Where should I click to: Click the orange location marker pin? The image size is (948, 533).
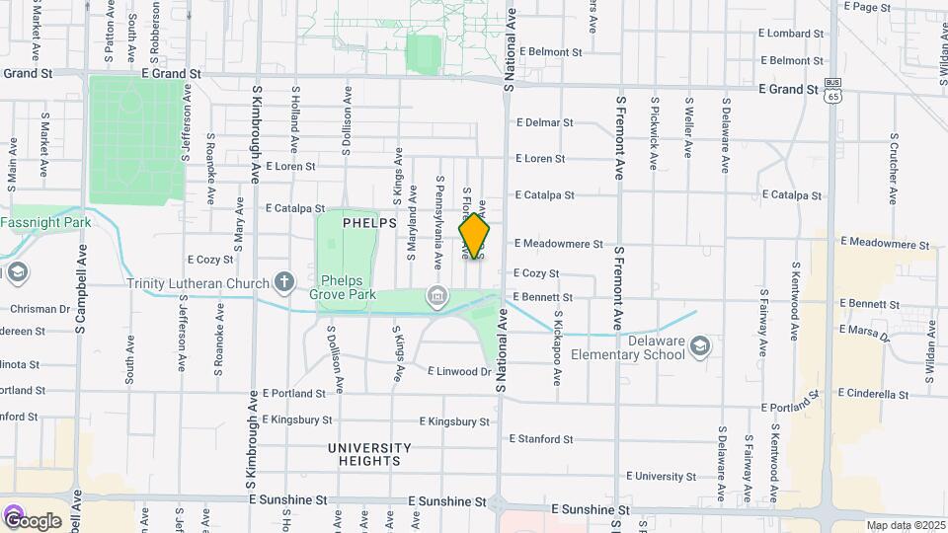coord(474,236)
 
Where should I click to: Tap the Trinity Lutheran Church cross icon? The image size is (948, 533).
coord(284,283)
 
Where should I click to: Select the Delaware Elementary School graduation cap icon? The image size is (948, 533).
coord(700,345)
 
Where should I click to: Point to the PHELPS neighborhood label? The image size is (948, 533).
coord(368,224)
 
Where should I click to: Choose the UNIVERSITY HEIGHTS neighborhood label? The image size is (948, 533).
coord(364,454)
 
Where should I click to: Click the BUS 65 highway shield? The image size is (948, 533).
coord(834,91)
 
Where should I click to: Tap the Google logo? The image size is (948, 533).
coord(32,519)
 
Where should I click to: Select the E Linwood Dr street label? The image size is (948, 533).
coord(459,372)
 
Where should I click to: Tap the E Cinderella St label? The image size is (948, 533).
coord(873,394)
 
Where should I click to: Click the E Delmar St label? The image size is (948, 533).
coord(544,123)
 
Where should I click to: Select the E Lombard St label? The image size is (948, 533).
coord(791,33)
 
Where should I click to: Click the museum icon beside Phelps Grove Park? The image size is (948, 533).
coord(436,296)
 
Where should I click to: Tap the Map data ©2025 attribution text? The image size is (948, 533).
coord(904,525)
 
